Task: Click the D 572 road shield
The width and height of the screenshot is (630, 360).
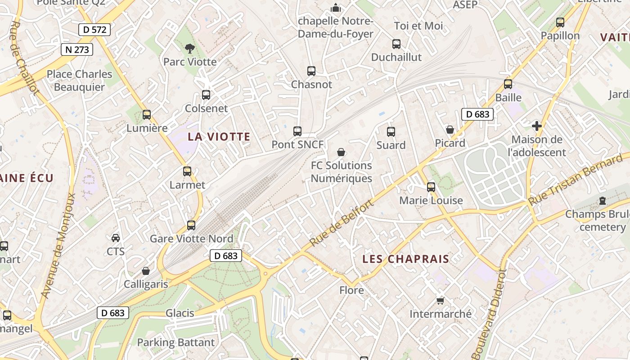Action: tap(94, 30)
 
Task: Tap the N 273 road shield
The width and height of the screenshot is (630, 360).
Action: tap(77, 49)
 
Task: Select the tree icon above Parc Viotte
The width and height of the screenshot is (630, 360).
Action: tap(190, 48)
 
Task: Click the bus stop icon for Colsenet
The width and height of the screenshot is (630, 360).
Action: tap(206, 95)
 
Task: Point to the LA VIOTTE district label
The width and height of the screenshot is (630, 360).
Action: tap(219, 137)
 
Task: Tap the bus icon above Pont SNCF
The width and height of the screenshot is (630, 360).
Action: tap(297, 131)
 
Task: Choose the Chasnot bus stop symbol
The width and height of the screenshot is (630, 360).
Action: tap(311, 71)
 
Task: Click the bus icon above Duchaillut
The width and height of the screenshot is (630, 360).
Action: tap(396, 44)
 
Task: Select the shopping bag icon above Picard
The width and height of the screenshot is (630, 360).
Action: tap(450, 130)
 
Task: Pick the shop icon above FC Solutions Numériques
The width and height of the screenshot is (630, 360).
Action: tap(341, 152)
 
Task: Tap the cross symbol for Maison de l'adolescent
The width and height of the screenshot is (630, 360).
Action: tap(537, 126)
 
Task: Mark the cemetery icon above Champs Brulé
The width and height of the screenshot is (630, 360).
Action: tap(603, 201)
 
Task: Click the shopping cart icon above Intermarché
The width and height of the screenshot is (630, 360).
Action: tap(440, 300)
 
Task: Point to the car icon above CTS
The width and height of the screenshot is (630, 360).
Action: tap(116, 238)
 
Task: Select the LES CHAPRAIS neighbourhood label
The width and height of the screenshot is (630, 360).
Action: tap(406, 259)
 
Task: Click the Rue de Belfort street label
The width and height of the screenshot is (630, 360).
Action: tap(342, 224)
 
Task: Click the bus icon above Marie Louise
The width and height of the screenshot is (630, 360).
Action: tap(431, 187)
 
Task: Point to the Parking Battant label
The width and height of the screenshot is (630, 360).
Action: tap(176, 342)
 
